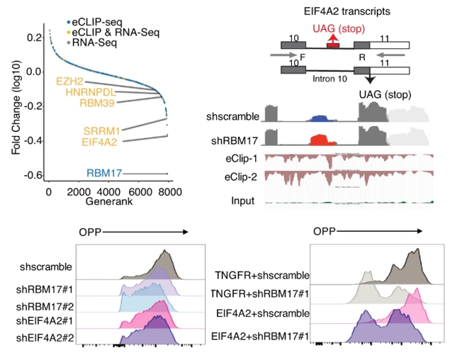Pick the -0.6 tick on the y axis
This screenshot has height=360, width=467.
click(31, 174)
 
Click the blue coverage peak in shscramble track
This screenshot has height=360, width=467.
click(325, 118)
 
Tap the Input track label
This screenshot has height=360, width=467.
click(243, 201)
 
